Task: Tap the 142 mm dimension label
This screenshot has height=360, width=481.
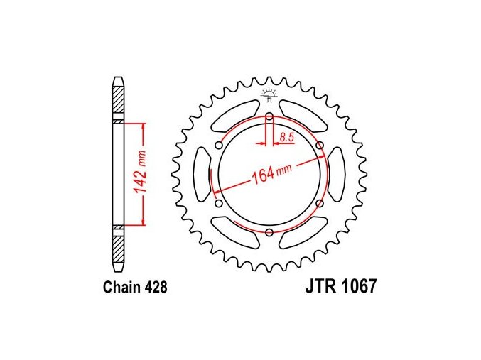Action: [140, 173]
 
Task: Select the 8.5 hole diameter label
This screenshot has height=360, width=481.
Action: [287, 137]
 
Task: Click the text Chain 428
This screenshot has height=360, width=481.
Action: [135, 288]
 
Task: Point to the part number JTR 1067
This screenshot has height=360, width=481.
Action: [340, 286]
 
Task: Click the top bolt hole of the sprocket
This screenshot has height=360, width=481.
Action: [269, 116]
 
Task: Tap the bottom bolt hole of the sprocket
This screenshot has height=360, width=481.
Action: [269, 232]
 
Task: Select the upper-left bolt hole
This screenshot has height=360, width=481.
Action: [219, 145]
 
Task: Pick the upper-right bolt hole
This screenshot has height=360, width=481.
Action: [320, 145]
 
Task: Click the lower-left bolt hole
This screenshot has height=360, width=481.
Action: [219, 203]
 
